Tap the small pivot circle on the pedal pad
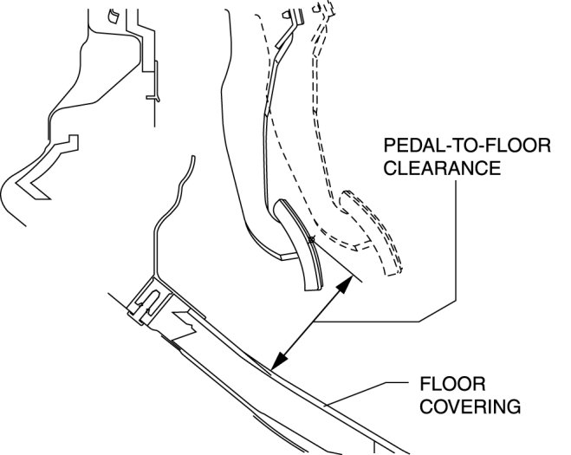311,240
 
